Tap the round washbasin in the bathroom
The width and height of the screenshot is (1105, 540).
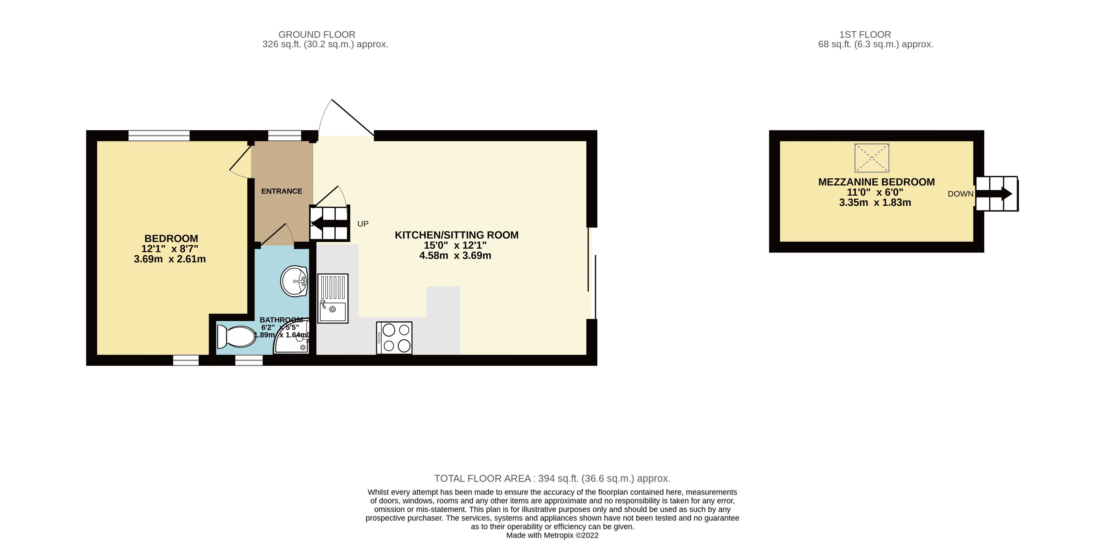(x=294, y=281)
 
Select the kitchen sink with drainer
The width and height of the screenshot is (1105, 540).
(x=333, y=298)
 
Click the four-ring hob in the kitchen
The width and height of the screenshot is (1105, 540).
(x=394, y=338)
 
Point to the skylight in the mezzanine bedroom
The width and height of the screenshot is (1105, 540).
(x=872, y=158)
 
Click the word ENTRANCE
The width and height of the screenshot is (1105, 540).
(x=282, y=191)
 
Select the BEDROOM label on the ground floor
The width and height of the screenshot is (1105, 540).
(x=171, y=238)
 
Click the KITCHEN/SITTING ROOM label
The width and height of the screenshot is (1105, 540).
(x=457, y=235)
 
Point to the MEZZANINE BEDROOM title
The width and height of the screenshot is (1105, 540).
(x=876, y=182)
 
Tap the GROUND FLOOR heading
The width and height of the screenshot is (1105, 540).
(x=317, y=34)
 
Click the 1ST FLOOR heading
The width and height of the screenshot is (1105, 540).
(x=865, y=34)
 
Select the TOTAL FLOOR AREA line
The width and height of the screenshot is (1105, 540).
(x=552, y=478)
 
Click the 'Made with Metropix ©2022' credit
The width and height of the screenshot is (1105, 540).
(x=552, y=535)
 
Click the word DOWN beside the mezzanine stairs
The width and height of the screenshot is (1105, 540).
(x=960, y=194)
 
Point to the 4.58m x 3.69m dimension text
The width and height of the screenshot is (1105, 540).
(x=455, y=256)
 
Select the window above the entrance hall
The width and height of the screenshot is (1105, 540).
(x=285, y=135)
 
